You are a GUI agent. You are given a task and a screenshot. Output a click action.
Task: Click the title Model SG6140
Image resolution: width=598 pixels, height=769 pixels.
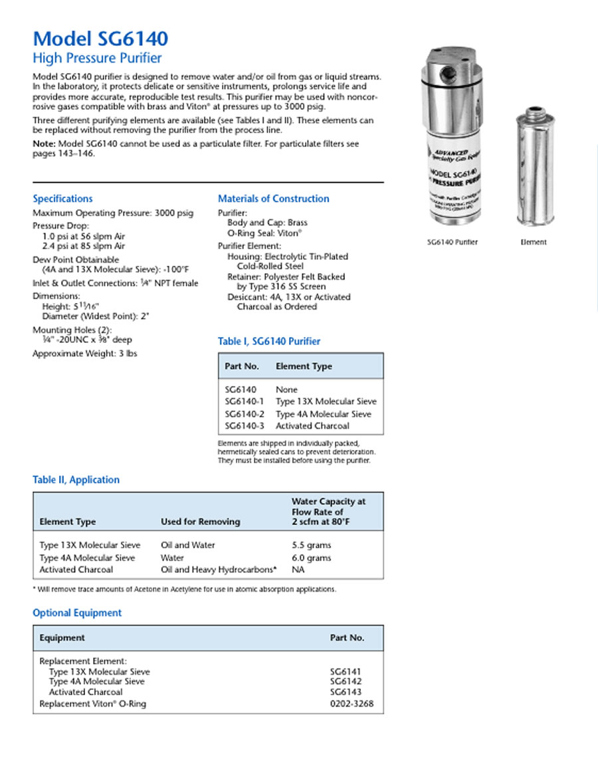coord(100,38)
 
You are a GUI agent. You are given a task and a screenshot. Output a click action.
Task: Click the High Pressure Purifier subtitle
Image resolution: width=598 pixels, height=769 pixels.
coord(97,58)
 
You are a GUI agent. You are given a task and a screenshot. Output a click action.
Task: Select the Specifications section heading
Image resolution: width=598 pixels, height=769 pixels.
coord(62,199)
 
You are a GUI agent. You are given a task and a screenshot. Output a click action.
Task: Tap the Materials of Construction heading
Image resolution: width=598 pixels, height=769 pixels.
coord(273,199)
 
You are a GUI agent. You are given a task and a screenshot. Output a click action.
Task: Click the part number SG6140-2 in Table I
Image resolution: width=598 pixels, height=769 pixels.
coord(243,414)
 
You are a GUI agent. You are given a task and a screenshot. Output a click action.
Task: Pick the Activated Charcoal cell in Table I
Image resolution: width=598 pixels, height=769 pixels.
coord(312,426)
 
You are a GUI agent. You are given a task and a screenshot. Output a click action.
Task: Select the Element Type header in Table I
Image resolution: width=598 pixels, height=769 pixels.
coord(304,366)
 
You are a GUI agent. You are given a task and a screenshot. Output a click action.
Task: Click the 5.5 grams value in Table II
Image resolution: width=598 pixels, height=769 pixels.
coord(311,545)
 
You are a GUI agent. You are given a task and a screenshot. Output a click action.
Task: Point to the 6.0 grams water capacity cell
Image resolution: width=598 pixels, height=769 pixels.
coord(311,558)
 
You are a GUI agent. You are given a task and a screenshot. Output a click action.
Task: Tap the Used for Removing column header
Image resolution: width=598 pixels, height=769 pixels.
coord(200,522)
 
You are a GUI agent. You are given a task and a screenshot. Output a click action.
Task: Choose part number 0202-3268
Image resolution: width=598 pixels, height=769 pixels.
coord(347,704)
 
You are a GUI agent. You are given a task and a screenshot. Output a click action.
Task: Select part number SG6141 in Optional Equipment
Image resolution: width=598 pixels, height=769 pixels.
coord(345,672)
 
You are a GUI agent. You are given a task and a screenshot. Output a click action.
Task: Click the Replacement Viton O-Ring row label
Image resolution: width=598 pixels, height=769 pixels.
coord(92,704)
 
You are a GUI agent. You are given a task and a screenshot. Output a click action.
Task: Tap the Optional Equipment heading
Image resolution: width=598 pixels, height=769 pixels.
coord(77,613)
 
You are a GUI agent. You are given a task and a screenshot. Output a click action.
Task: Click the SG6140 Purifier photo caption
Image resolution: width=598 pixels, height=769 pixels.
coord(452,243)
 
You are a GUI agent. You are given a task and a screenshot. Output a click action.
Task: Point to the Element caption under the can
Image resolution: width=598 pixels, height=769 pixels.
coord(533,243)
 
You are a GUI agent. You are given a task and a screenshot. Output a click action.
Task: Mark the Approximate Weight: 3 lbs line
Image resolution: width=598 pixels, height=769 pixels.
coord(84,354)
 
